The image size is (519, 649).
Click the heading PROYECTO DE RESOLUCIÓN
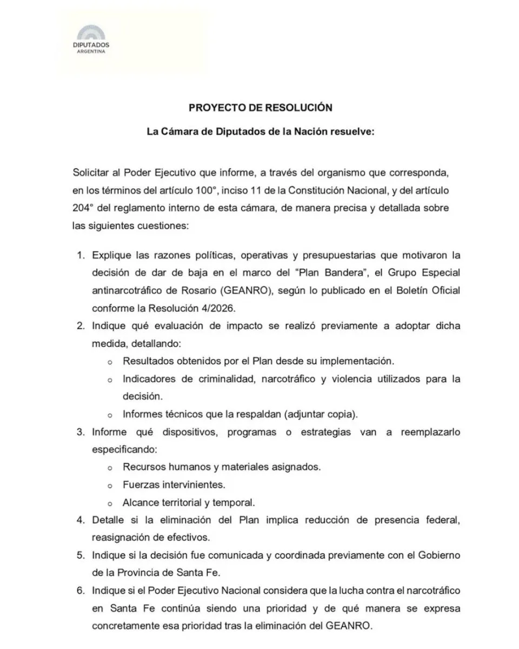pyautogui.click(x=261, y=108)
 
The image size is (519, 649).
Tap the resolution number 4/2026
pyautogui.click(x=222, y=309)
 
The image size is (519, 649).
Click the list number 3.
pyautogui.click(x=81, y=433)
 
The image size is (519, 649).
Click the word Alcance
pyautogui.click(x=140, y=502)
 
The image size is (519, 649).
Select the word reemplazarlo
pyautogui.click(x=430, y=433)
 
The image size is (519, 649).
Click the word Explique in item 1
pyautogui.click(x=111, y=254)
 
